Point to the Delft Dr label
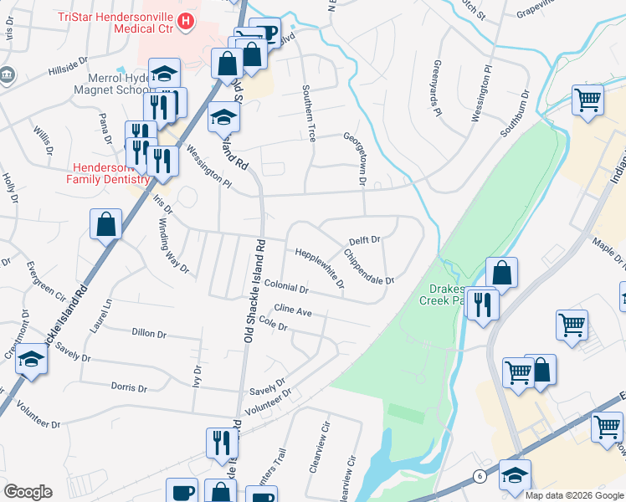pyautogui.click(x=365, y=240)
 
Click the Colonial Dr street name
pyautogui.click(x=286, y=287)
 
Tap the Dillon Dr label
pyautogui.click(x=149, y=333)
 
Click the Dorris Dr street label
pyautogui.click(x=129, y=387)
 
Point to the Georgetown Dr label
pyautogui.click(x=353, y=158)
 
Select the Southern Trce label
pyautogui.click(x=310, y=112)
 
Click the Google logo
pyautogui.click(x=28, y=492)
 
